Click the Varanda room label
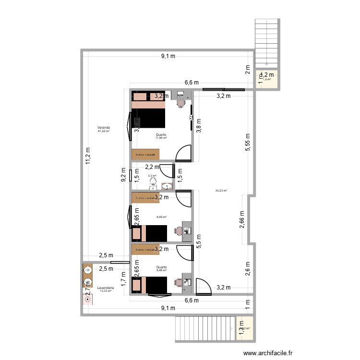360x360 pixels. pos(103,128)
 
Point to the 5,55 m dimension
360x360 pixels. pos(247,143)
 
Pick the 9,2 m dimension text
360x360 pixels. pos(124,176)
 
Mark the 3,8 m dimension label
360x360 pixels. pos(199,126)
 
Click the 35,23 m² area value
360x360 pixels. pos(221,191)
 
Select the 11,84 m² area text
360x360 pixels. pos(161,138)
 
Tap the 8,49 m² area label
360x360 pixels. pos(161,217)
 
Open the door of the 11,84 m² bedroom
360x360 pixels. pos(184,154)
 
